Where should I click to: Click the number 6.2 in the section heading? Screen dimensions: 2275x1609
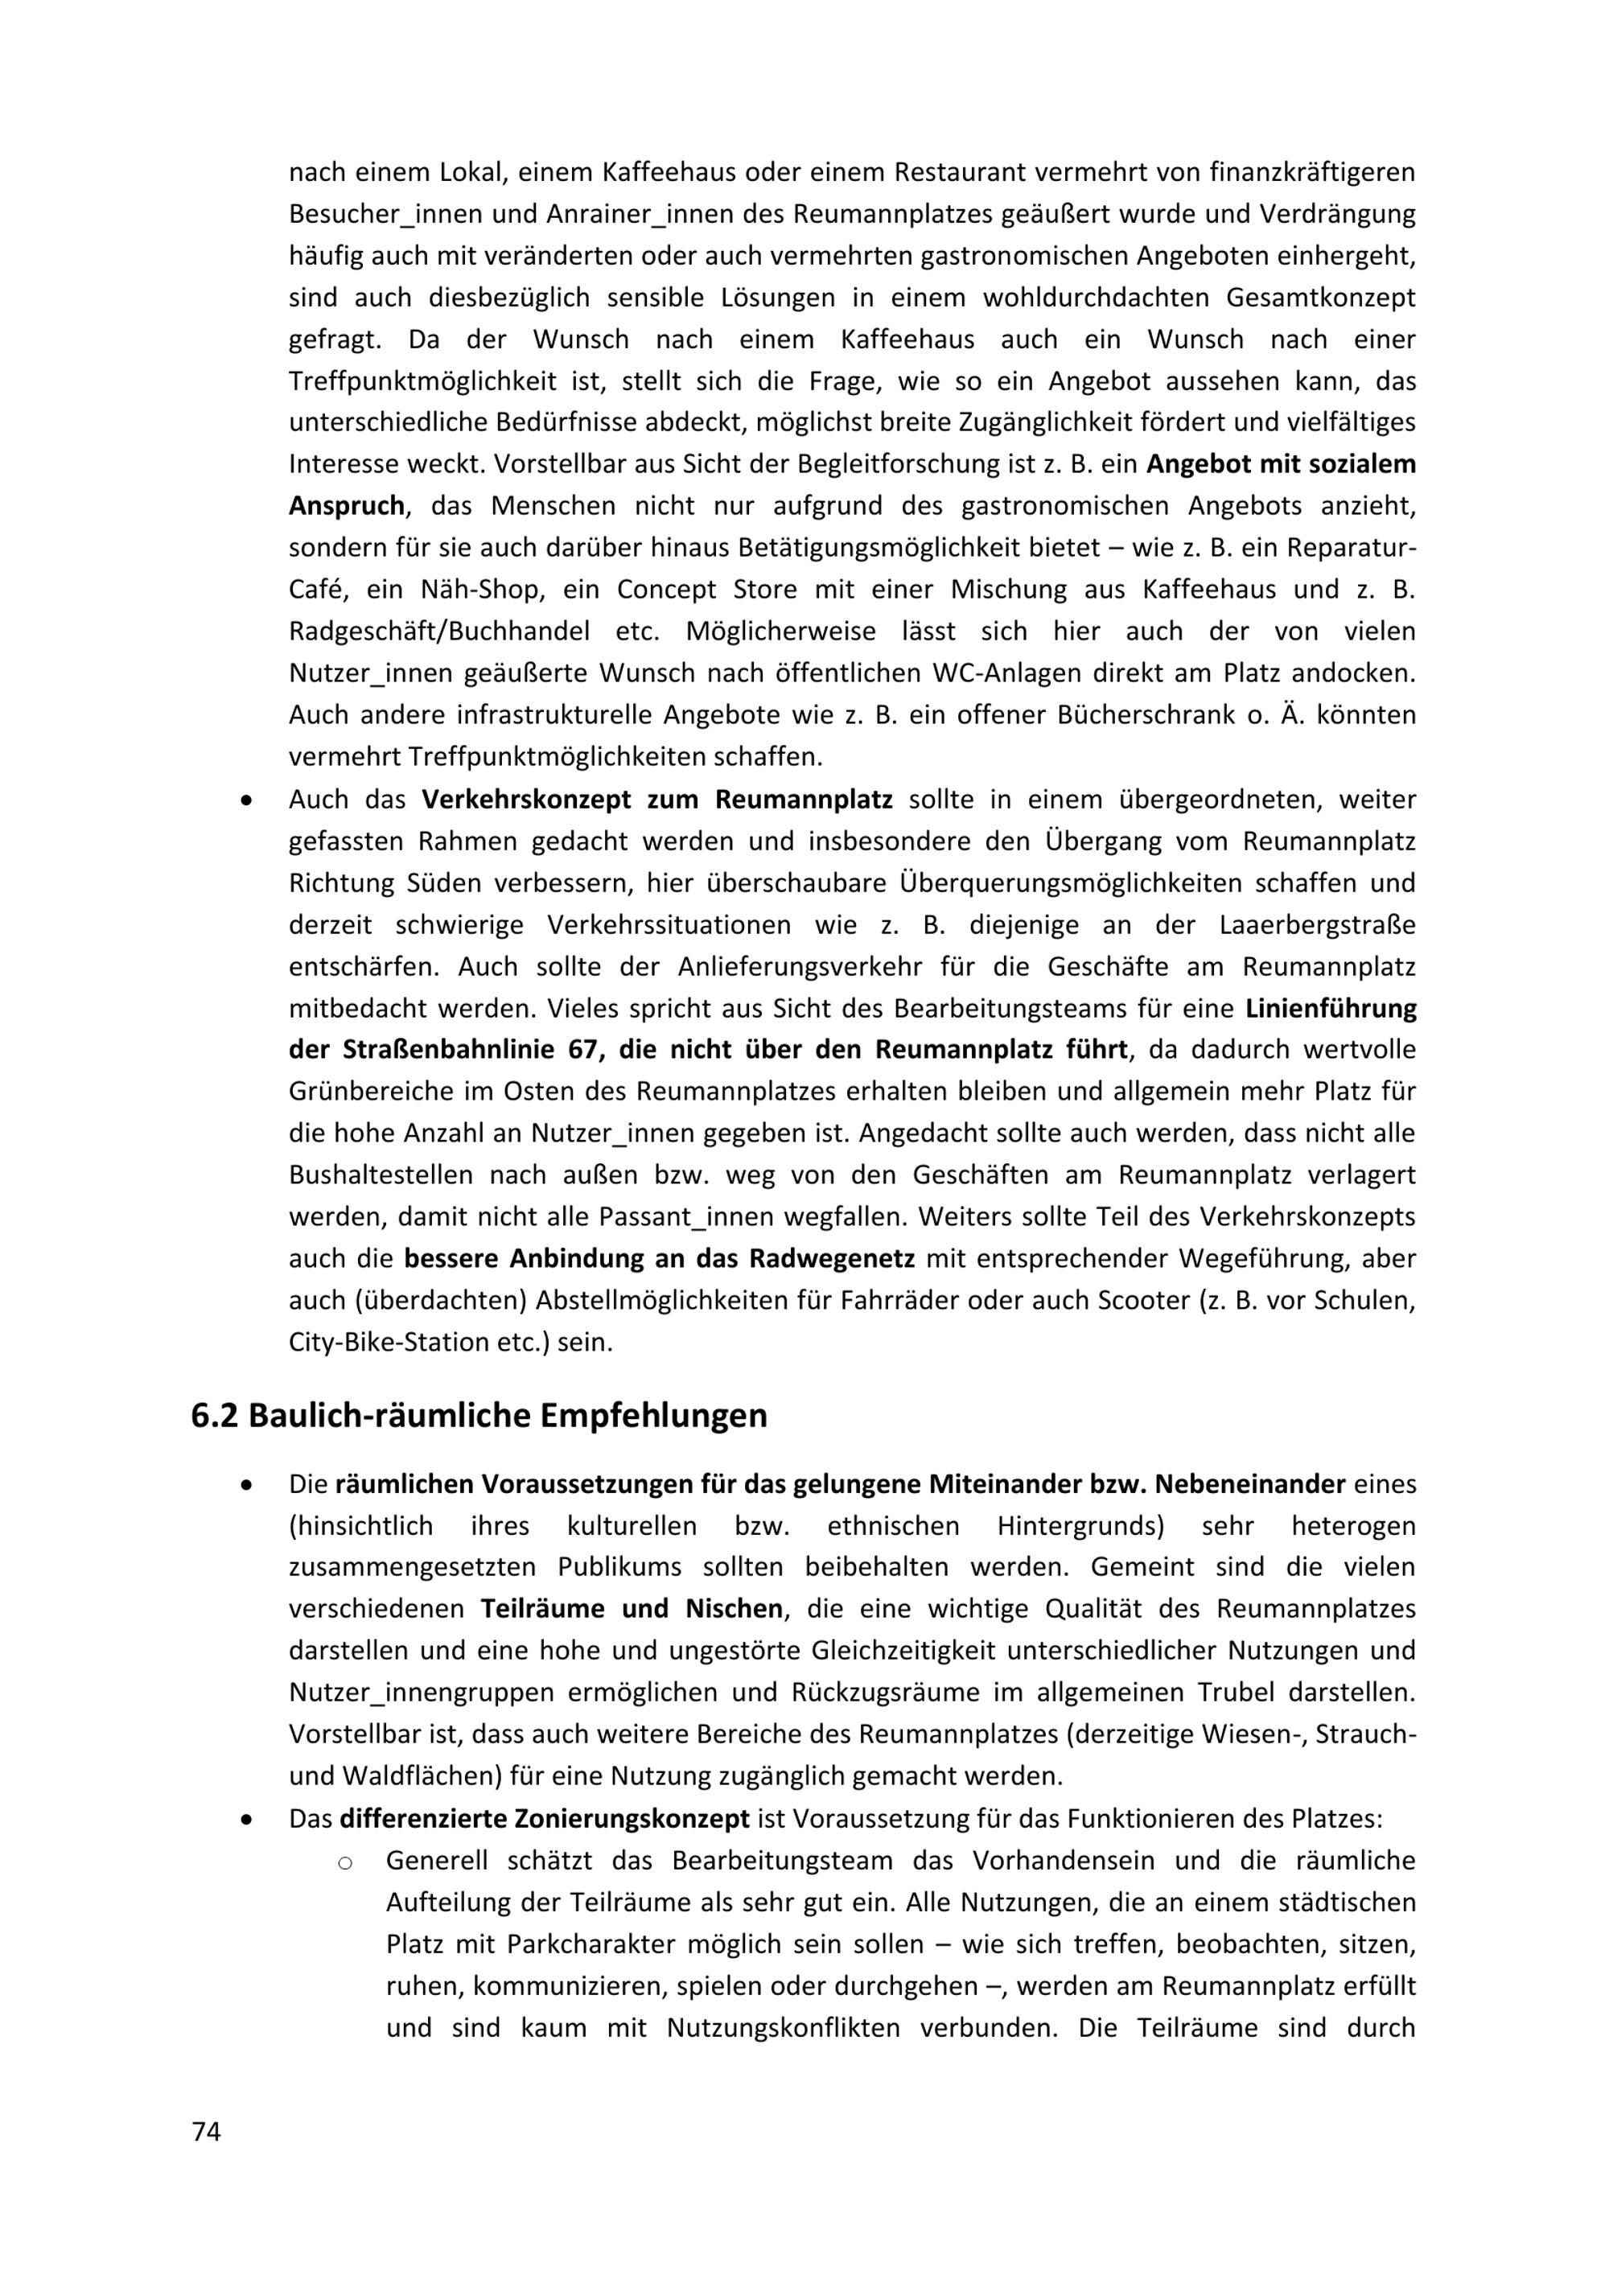[x=213, y=1415]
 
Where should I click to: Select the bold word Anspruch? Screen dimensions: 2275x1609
[x=346, y=505]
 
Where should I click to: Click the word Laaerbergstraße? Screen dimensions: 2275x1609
[x=1317, y=924]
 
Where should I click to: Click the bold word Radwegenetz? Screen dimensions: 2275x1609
[x=831, y=1258]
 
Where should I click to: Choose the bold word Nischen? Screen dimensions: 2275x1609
[x=735, y=1607]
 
